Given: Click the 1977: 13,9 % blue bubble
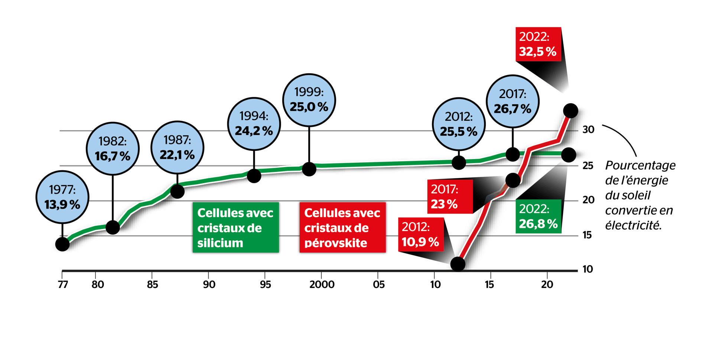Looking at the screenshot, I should pos(62,197).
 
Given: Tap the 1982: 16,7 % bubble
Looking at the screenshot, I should pos(113,149).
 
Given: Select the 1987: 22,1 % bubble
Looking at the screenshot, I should pos(177,147).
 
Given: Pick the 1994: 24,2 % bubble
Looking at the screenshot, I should pos(254,124).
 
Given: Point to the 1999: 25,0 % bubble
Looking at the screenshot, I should pos(309,100).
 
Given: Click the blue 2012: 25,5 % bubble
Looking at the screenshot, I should pos(459,124).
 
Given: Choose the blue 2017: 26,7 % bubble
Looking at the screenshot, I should pos(512,101).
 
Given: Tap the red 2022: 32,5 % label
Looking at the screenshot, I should pos(538,44).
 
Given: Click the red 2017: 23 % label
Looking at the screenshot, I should pos(449,197).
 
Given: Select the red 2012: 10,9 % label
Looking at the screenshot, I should pos(420,234).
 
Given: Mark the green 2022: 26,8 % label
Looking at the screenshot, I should pos(538,217).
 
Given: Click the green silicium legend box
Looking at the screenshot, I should pos(235,228).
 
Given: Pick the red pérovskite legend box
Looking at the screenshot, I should pos(342,228).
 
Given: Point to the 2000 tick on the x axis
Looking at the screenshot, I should pos(322,285).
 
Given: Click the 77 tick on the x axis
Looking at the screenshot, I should pos(63,285).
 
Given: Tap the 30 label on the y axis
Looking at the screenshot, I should pos(588,130).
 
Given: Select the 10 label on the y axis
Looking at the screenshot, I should pos(587,269).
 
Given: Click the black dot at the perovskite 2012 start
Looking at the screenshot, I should pos(458,264).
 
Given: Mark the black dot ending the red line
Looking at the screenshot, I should pos(570,110).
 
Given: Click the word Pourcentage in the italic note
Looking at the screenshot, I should pos(640,165).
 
